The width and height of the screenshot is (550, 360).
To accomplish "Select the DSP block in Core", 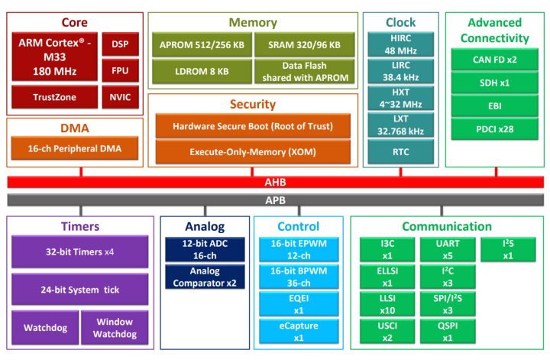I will coord(120,44).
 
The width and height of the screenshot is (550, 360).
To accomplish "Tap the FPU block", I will coord(120,70).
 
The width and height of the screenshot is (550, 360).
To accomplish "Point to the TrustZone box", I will coord(53,97).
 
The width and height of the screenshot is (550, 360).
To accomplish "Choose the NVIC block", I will coord(120,97).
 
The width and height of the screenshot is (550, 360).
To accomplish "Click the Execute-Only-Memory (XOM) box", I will coord(253,152).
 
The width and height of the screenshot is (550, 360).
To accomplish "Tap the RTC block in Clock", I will coord(400,151).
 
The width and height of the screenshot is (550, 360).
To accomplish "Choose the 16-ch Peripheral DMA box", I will coord(74,148).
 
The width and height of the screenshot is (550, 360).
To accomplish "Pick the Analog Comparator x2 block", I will coord(204,276).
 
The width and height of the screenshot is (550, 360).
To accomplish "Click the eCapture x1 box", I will coord(298,331).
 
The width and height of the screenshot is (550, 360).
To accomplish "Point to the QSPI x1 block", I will coord(447,331).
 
